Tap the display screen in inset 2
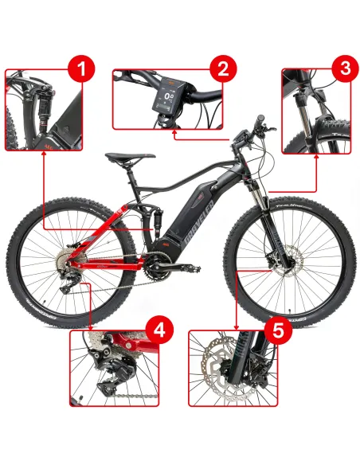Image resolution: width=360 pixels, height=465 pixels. (x=167, y=100)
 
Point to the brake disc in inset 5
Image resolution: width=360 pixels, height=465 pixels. (x=218, y=373)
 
